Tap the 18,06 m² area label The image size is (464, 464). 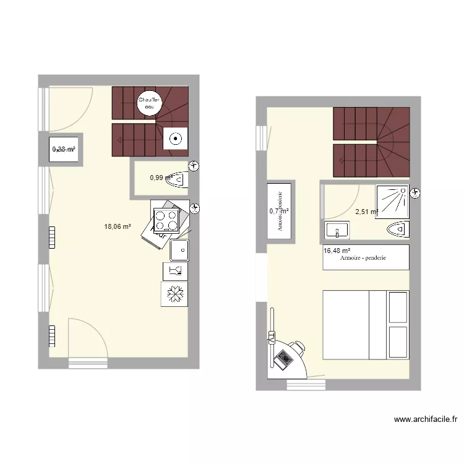[x=118, y=226]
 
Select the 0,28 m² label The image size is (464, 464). [x=64, y=149]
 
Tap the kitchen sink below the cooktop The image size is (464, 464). [x=179, y=249]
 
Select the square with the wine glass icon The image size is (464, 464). [x=174, y=270]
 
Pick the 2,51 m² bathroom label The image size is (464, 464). [x=366, y=212]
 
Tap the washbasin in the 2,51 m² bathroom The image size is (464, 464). [x=338, y=231]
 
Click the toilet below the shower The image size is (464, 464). [x=397, y=230]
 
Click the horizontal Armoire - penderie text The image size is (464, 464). [x=363, y=258]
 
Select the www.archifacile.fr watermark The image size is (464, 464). [x=426, y=419]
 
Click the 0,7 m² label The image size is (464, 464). [x=280, y=211]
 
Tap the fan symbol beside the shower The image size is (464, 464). [x=415, y=193]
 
